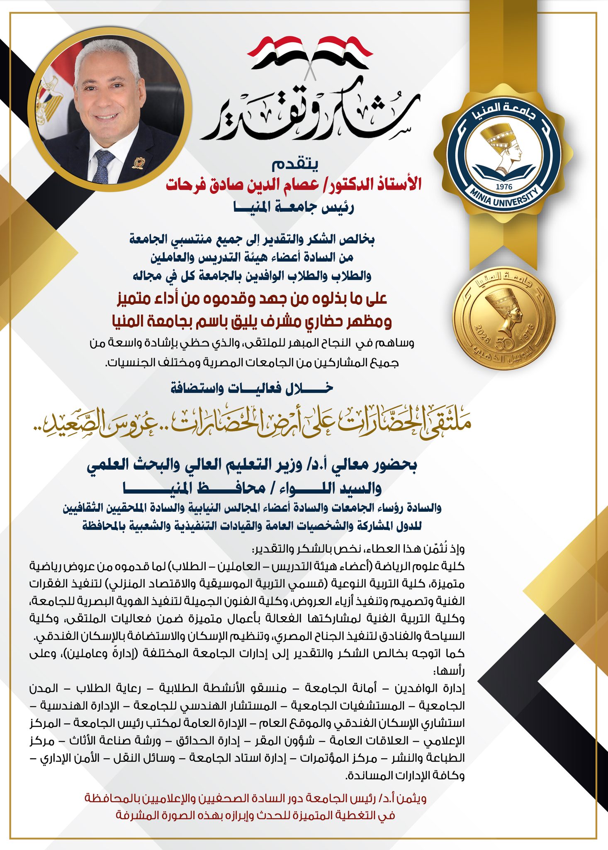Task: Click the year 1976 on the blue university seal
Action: (504, 187)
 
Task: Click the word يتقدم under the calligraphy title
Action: (295, 165)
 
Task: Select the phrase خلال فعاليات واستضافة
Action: (252, 388)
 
